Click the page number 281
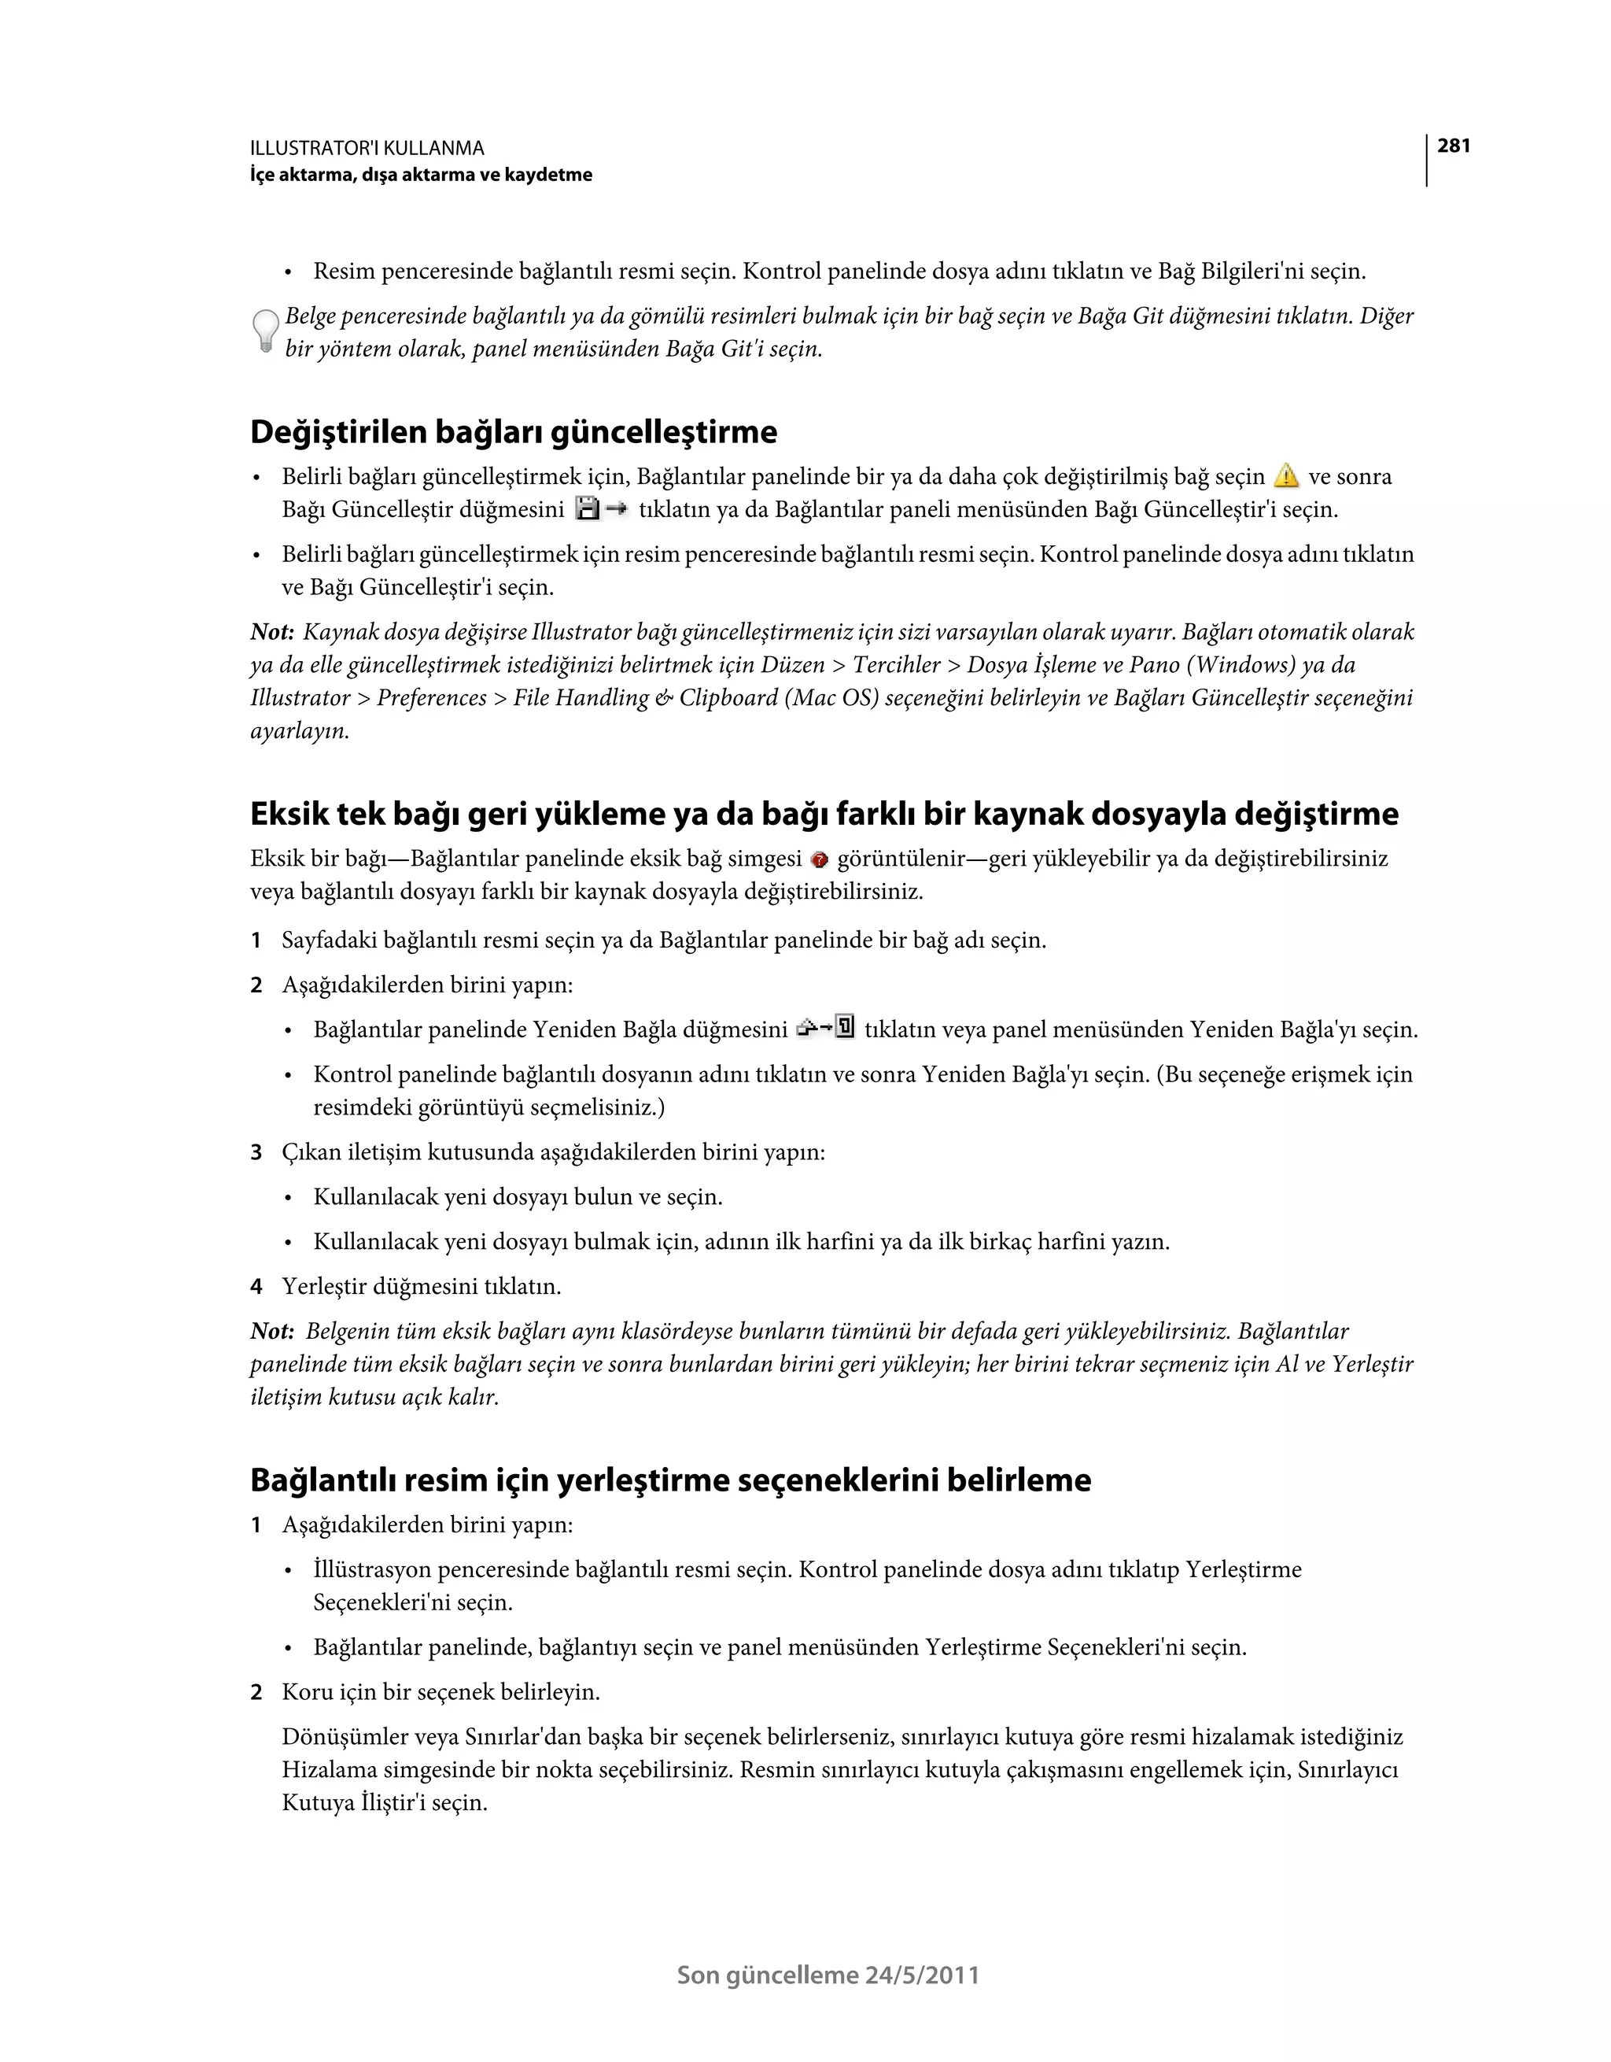[1454, 146]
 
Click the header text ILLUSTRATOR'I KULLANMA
[367, 148]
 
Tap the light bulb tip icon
[265, 331]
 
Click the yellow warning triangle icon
[1285, 476]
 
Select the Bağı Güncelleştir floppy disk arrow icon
[600, 510]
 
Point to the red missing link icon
[819, 859]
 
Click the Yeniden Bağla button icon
[826, 1027]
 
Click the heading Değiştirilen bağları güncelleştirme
[514, 431]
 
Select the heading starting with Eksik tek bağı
[823, 813]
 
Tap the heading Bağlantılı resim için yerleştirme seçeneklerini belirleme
[670, 1479]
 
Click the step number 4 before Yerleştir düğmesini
[256, 1286]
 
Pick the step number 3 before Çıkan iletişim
[256, 1152]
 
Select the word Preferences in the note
[431, 698]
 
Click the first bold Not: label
[272, 632]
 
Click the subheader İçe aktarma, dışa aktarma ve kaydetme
[421, 175]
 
